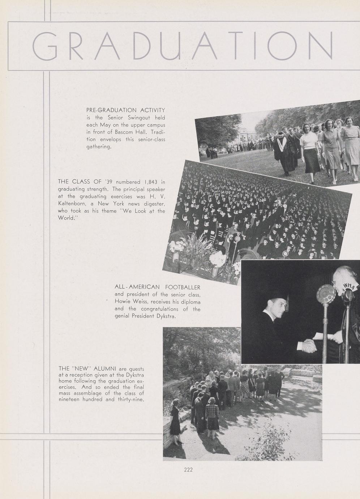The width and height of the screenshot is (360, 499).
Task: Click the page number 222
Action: click(188, 470)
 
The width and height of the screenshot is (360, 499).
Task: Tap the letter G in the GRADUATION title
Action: click(45, 46)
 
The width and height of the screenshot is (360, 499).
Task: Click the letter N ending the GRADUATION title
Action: click(320, 46)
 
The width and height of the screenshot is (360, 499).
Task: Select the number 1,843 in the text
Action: click(149, 182)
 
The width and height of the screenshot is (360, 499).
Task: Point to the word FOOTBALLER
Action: click(183, 287)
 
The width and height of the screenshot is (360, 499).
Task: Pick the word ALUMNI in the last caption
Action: click(104, 368)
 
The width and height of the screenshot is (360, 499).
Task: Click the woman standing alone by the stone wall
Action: click(175, 421)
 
